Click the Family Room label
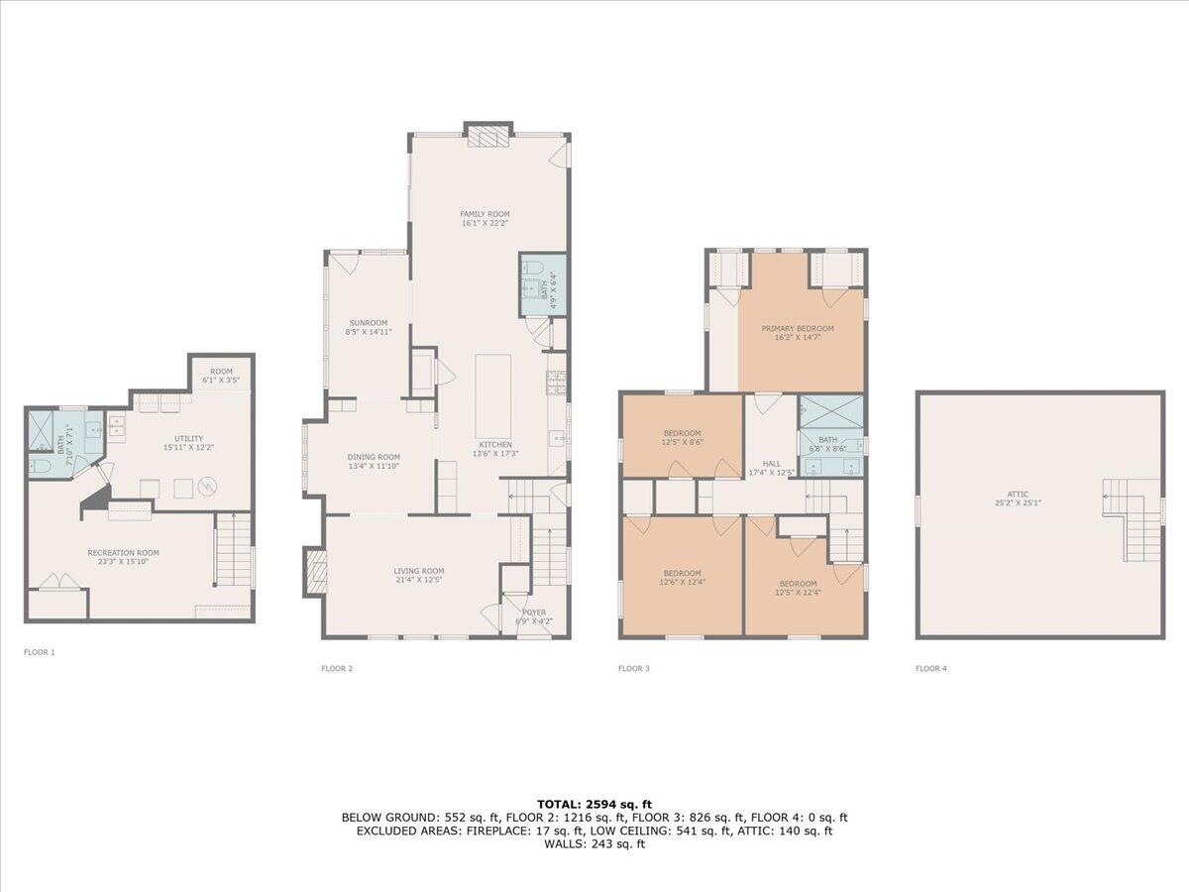[485, 214]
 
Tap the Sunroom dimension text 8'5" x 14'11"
[367, 332]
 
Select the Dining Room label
[374, 457]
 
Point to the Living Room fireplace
[315, 572]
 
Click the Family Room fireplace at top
[488, 135]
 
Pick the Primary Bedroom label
[797, 328]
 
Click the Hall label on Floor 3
[771, 463]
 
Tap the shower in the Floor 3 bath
[831, 408]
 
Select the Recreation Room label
[123, 553]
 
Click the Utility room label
[188, 439]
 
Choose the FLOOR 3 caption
[633, 669]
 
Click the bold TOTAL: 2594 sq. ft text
[594, 804]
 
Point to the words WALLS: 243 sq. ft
[594, 844]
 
